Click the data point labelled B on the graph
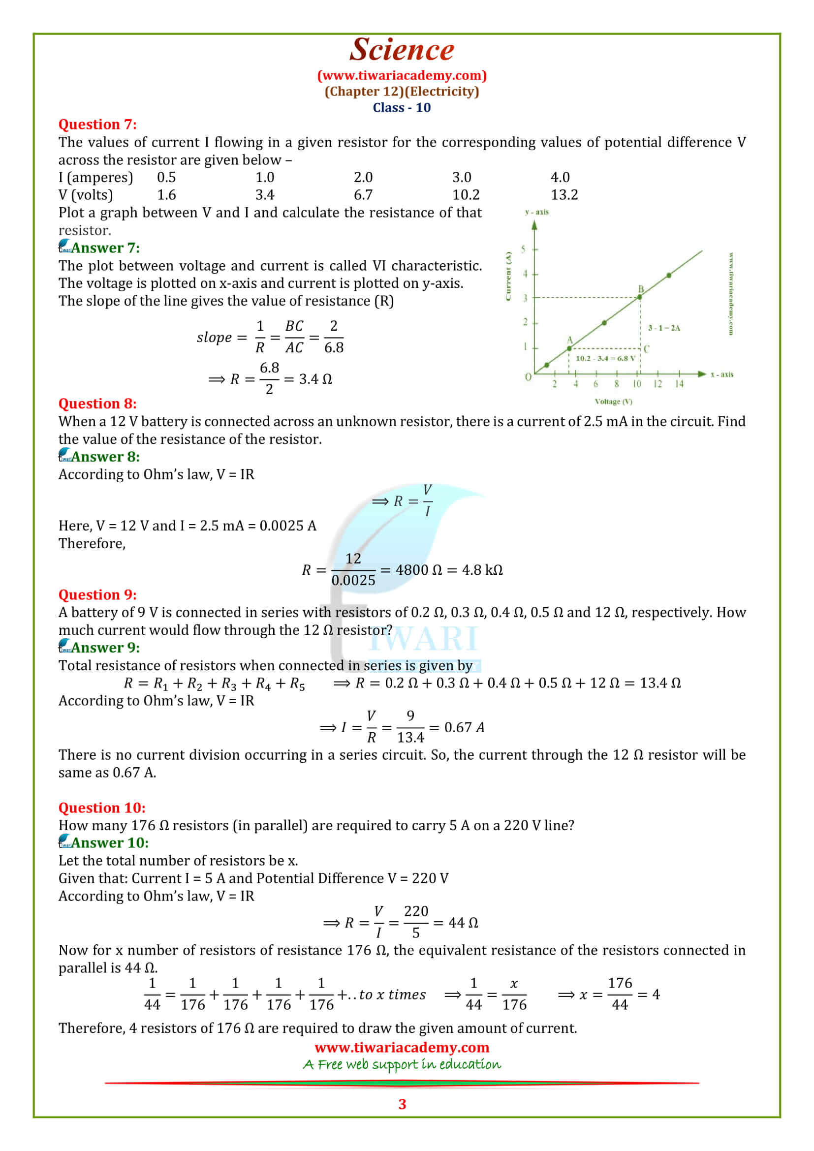click(x=640, y=297)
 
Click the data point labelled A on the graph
click(x=569, y=348)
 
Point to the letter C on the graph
click(x=647, y=349)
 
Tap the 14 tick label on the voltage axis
click(x=679, y=384)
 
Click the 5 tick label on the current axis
click(x=523, y=249)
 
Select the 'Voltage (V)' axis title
click(x=614, y=402)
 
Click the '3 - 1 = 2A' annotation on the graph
click(x=664, y=328)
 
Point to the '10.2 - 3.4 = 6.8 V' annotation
click(x=605, y=358)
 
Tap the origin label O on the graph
click(x=528, y=376)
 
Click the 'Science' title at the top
click(x=402, y=50)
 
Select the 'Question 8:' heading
click(x=98, y=404)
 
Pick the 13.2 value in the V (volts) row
click(x=564, y=195)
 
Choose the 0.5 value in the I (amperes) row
click(x=166, y=178)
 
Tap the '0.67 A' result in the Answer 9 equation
click(x=464, y=727)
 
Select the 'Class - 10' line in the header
click(x=402, y=108)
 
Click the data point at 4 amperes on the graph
click(x=669, y=275)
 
